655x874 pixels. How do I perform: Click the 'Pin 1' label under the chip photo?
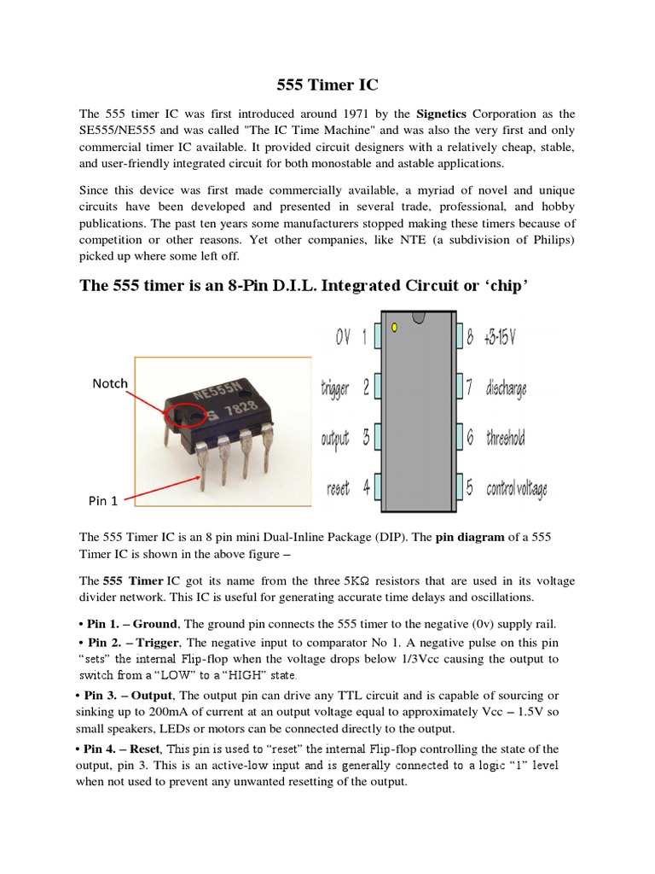pyautogui.click(x=103, y=501)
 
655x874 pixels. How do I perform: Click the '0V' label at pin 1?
pyautogui.click(x=344, y=338)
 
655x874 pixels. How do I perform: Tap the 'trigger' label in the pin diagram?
pyautogui.click(x=335, y=388)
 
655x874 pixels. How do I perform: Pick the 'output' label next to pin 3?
pyautogui.click(x=335, y=439)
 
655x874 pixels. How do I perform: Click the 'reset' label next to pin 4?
pyautogui.click(x=338, y=489)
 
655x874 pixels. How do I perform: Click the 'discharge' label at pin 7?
pyautogui.click(x=506, y=388)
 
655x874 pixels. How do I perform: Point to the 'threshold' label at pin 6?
pyautogui.click(x=505, y=439)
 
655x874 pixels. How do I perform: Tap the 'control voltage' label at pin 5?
pyautogui.click(x=516, y=489)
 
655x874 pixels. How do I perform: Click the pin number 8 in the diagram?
pyautogui.click(x=470, y=338)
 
